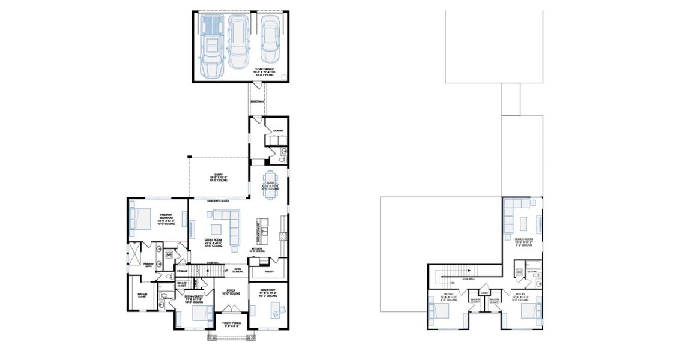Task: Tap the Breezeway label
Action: pyautogui.click(x=257, y=101)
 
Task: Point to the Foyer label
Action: pyautogui.click(x=231, y=293)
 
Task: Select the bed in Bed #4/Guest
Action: pyautogui.click(x=201, y=314)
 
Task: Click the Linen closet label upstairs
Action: pyautogui.click(x=493, y=293)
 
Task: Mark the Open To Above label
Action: pyautogui.click(x=238, y=269)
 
